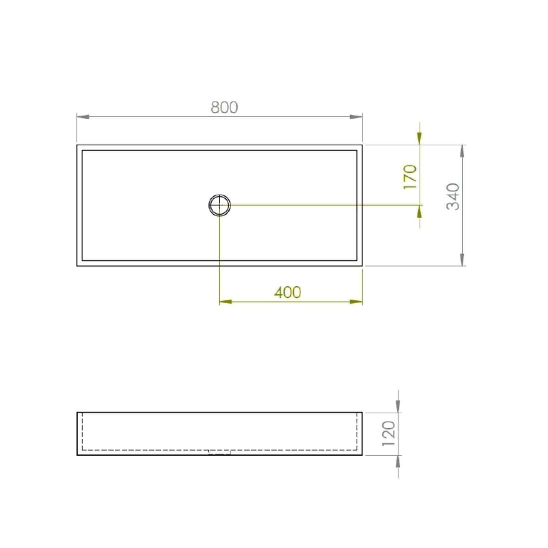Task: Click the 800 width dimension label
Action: click(x=224, y=107)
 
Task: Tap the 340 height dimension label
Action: click(x=453, y=196)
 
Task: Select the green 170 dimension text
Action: click(x=410, y=176)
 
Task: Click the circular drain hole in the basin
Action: click(x=220, y=205)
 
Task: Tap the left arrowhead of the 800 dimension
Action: click(x=83, y=117)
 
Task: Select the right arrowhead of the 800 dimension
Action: click(x=356, y=117)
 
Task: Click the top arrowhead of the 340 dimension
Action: click(x=462, y=151)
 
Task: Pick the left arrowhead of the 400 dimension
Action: click(x=226, y=301)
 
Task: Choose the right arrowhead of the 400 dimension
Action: click(x=356, y=301)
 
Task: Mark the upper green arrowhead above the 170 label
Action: click(x=419, y=138)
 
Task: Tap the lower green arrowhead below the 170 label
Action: click(x=419, y=211)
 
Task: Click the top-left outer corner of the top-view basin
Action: click(x=77, y=145)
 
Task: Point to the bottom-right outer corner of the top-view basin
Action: click(x=362, y=266)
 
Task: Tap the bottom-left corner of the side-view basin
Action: click(x=77, y=455)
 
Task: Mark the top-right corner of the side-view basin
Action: click(x=362, y=413)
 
